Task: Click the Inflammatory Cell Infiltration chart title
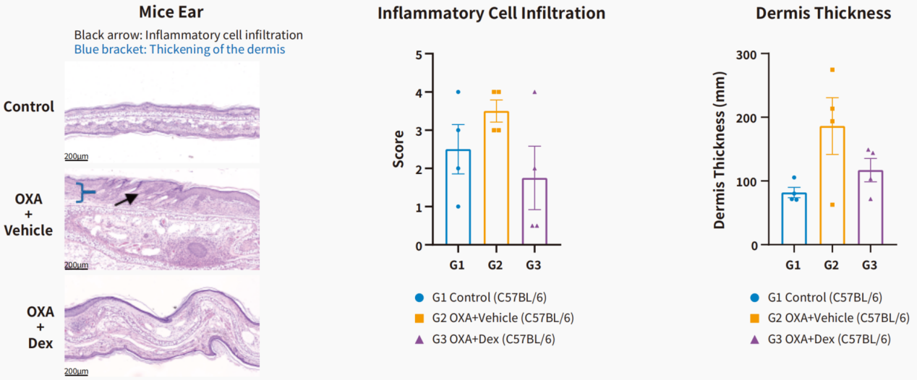[491, 13]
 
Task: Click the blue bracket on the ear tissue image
[84, 191]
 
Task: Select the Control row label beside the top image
[29, 107]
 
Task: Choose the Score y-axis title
[398, 150]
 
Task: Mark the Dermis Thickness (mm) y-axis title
[719, 150]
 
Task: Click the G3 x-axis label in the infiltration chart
[533, 265]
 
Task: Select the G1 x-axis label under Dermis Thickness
[793, 265]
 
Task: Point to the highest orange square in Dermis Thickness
[832, 69]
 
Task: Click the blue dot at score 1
[458, 207]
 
